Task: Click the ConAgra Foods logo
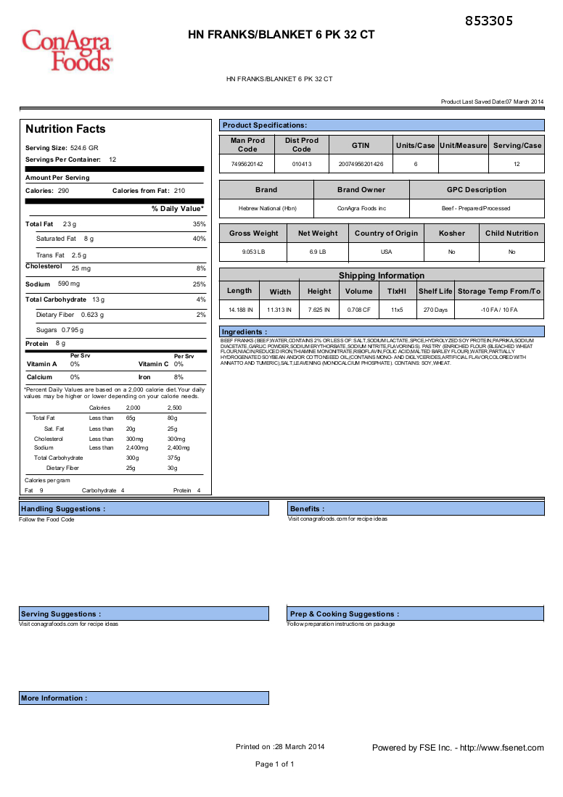pyautogui.click(x=67, y=49)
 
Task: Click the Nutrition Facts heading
pyautogui.click(x=65, y=129)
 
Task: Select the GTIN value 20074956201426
pyautogui.click(x=361, y=165)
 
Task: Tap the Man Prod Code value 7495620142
pyautogui.click(x=247, y=165)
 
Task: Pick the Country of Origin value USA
pyautogui.click(x=386, y=252)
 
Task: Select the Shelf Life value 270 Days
pyautogui.click(x=435, y=310)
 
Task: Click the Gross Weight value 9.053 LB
pyautogui.click(x=254, y=252)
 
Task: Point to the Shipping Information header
pyautogui.click(x=381, y=276)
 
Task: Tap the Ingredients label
pyautogui.click(x=241, y=332)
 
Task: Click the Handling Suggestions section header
pyautogui.click(x=63, y=509)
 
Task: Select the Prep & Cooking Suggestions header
pyautogui.click(x=344, y=614)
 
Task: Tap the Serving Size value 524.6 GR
pyautogui.click(x=84, y=148)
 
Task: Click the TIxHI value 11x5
pyautogui.click(x=397, y=310)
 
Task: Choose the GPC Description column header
pyautogui.click(x=476, y=190)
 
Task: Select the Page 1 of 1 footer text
pyautogui.click(x=275, y=764)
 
